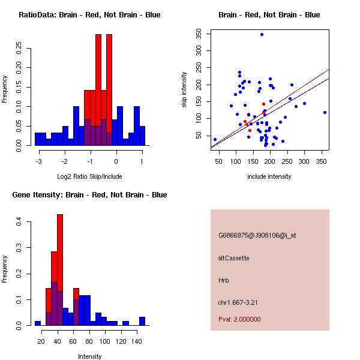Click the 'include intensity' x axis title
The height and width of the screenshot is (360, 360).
(x=269, y=176)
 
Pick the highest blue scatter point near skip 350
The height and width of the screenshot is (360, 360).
(x=262, y=35)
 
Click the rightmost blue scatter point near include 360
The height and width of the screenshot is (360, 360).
(x=325, y=112)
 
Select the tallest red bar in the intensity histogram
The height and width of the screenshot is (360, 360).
(x=60, y=252)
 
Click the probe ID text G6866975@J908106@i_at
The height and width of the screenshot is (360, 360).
(x=257, y=235)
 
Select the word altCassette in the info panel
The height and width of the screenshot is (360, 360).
(x=234, y=258)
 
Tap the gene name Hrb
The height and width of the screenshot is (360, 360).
(x=224, y=280)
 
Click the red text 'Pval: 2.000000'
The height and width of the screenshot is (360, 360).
(x=239, y=320)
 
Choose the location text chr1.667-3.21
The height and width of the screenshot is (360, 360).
(x=238, y=302)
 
